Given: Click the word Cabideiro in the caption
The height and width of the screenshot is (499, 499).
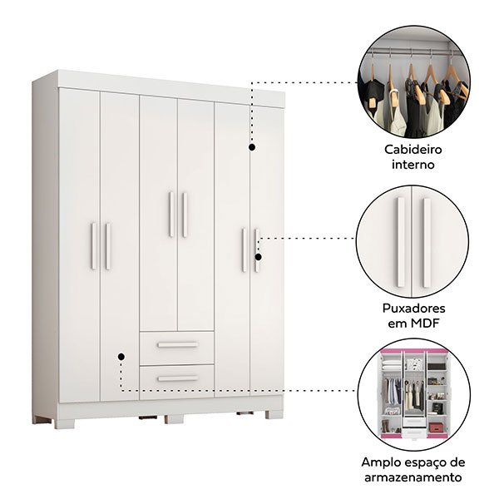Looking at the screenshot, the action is click(413, 150).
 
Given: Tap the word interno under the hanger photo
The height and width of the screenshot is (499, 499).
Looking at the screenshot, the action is click(413, 165).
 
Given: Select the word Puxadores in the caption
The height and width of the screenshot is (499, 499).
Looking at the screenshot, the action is click(413, 308).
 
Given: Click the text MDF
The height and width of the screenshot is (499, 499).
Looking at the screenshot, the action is click(425, 324).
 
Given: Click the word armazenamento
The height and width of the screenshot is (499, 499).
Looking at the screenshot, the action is click(413, 477).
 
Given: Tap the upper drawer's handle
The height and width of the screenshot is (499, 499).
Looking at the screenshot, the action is click(178, 344).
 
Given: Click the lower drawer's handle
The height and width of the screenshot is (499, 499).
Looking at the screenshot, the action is click(178, 378).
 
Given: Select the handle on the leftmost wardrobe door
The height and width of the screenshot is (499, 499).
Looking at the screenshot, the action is click(93, 246).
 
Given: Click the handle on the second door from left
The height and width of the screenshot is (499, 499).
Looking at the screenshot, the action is click(108, 246).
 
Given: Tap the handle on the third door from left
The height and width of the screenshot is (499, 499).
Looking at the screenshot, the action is click(171, 215).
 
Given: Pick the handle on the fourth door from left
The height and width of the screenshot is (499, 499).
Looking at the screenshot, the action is click(185, 215).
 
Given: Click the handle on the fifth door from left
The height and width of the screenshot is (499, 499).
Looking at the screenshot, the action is click(244, 249).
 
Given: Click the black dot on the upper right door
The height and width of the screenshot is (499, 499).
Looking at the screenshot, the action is click(252, 147).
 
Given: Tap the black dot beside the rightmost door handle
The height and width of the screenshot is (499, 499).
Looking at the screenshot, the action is click(259, 257).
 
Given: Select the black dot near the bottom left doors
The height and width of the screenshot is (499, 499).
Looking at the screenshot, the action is click(121, 357).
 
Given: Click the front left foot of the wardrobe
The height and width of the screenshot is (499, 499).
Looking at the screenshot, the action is click(65, 424).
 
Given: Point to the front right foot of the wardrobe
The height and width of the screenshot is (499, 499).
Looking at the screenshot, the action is click(274, 414).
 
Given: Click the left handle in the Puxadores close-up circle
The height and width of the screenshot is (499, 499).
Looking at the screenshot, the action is click(401, 243).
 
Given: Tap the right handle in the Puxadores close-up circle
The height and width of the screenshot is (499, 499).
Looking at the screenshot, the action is click(427, 243).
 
